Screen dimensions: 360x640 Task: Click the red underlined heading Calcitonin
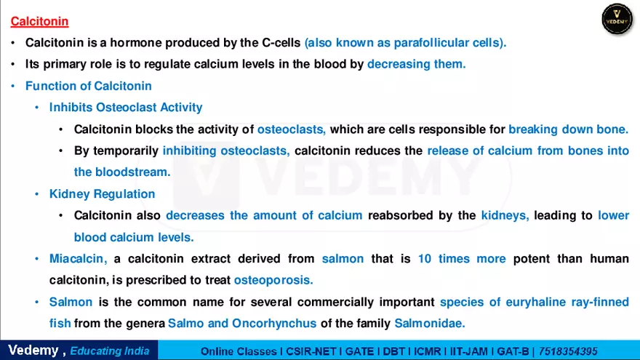point(39,22)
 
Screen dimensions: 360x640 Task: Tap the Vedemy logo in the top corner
point(617,19)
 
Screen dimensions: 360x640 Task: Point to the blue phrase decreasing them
point(416,64)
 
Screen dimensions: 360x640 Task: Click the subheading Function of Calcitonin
point(89,86)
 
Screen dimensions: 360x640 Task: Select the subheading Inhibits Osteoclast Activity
point(126,108)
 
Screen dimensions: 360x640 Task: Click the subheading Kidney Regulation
point(102,194)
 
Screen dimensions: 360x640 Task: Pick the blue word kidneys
point(505,215)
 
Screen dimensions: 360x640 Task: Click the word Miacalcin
point(79,259)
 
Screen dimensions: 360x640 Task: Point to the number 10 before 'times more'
point(425,259)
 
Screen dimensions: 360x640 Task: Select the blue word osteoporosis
point(273,280)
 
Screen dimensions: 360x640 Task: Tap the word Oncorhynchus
point(273,323)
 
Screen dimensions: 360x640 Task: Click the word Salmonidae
point(429,323)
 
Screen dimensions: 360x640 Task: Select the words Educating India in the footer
point(110,351)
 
